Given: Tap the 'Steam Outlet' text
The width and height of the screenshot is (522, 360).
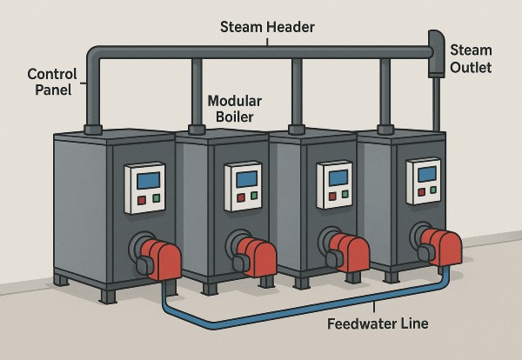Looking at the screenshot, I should [x=471, y=59].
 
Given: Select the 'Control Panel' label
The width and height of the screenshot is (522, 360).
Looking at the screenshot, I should [x=51, y=83].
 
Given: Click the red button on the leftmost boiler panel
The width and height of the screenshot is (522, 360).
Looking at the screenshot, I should [x=141, y=200].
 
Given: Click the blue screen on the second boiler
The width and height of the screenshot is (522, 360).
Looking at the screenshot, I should [x=243, y=178].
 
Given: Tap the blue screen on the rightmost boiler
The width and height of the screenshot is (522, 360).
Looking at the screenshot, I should [x=426, y=173].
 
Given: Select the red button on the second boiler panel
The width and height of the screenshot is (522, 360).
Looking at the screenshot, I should [x=236, y=199].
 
